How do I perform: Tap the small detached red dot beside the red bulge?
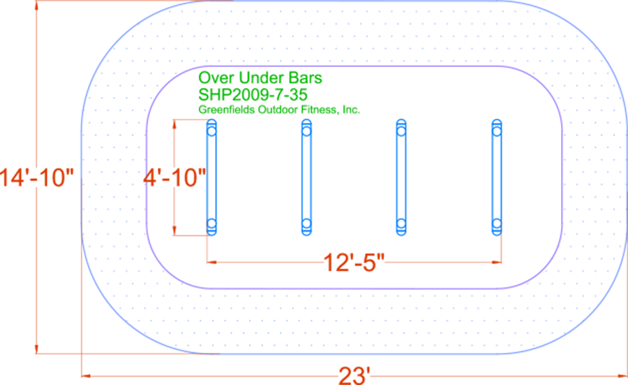(x=140, y=180)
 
